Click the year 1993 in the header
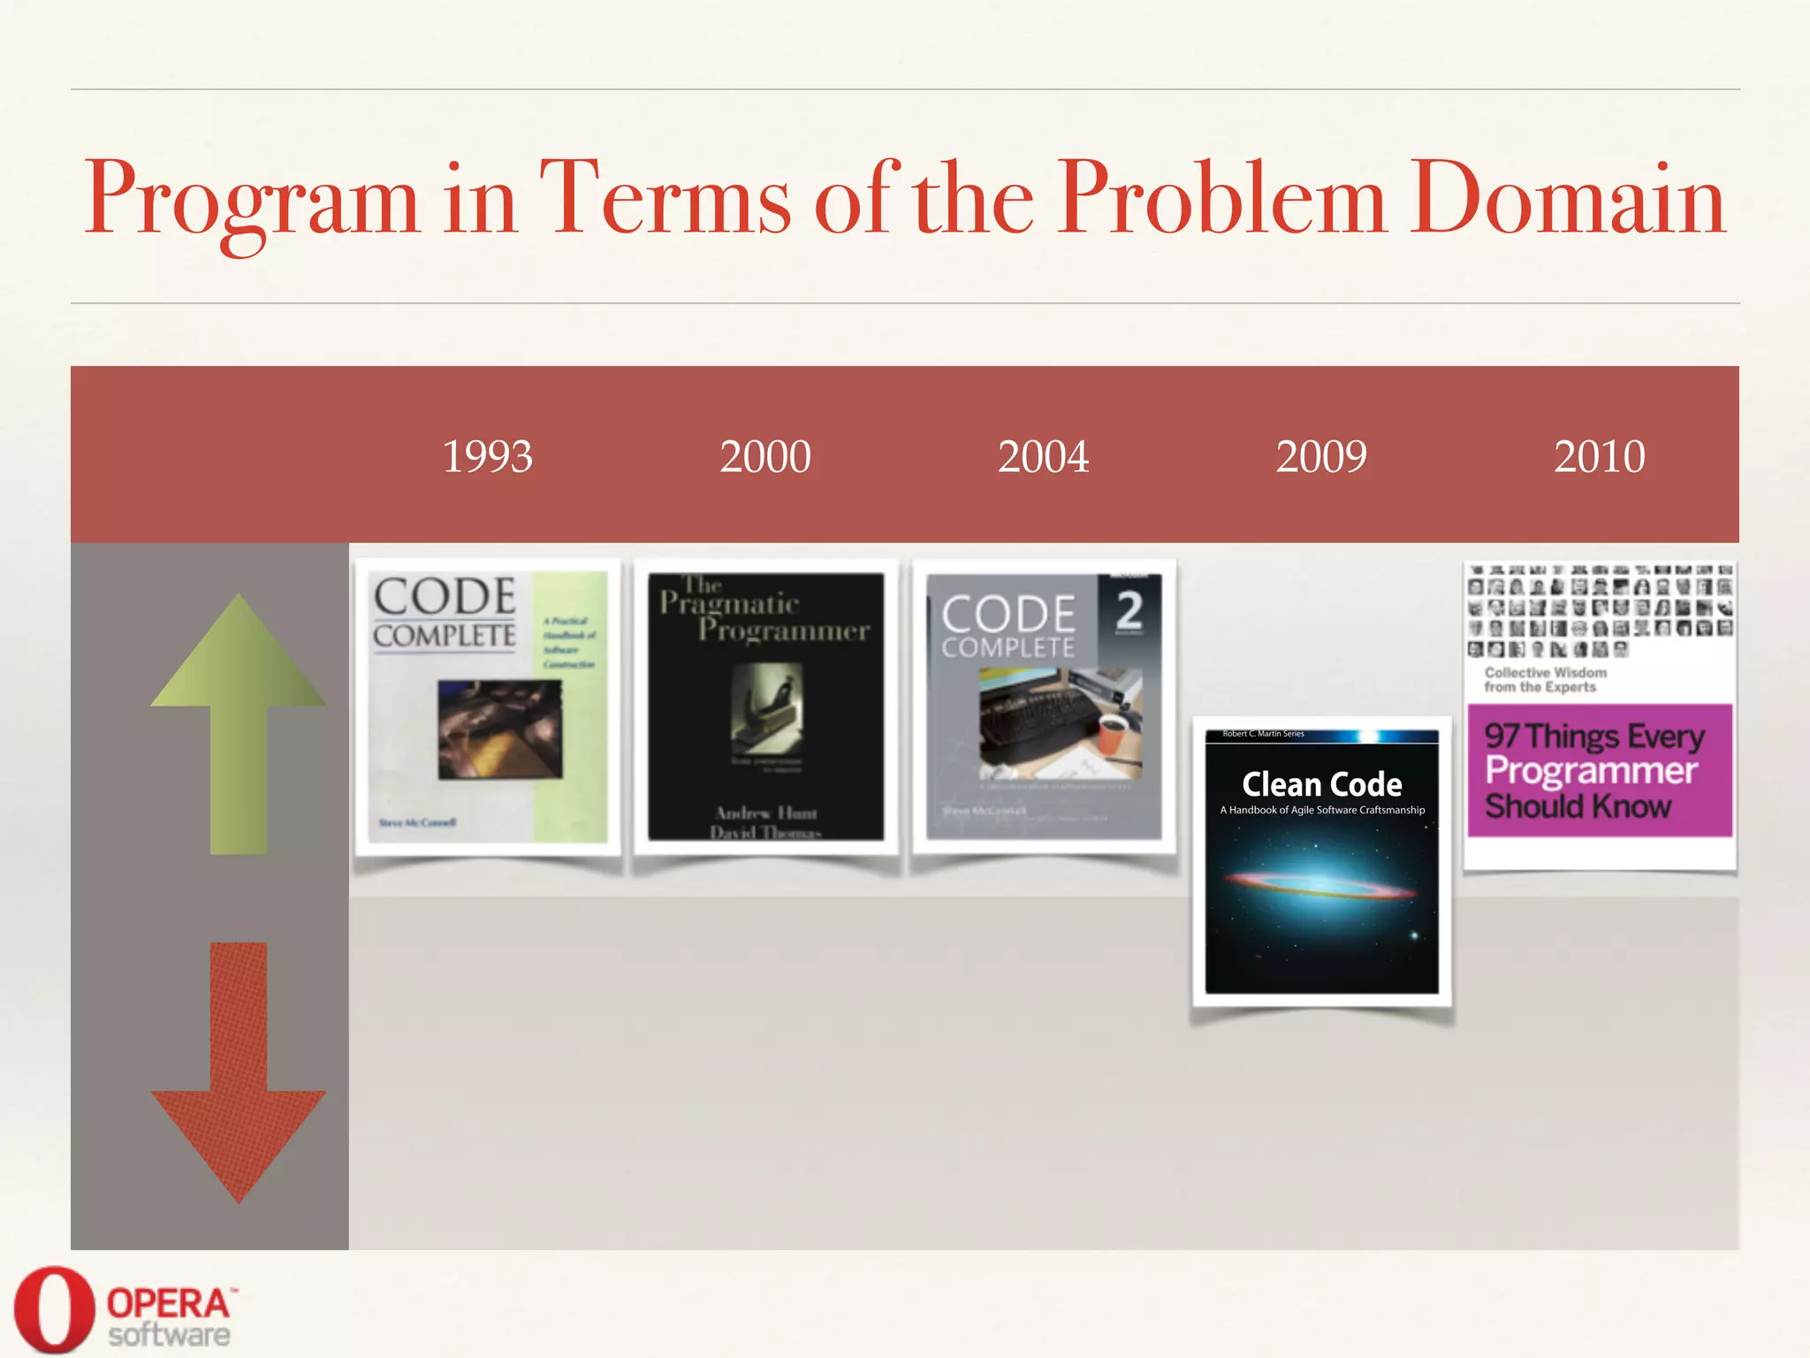[487, 457]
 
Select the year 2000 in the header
[765, 457]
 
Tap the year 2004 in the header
[1043, 457]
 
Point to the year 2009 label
[1321, 457]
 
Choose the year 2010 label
[1599, 457]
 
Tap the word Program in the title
[252, 199]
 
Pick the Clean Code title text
[1321, 785]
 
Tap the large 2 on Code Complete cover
[1129, 610]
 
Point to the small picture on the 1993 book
[500, 729]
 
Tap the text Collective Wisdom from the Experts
[1545, 680]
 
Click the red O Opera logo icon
[53, 1310]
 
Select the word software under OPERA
[169, 1335]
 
